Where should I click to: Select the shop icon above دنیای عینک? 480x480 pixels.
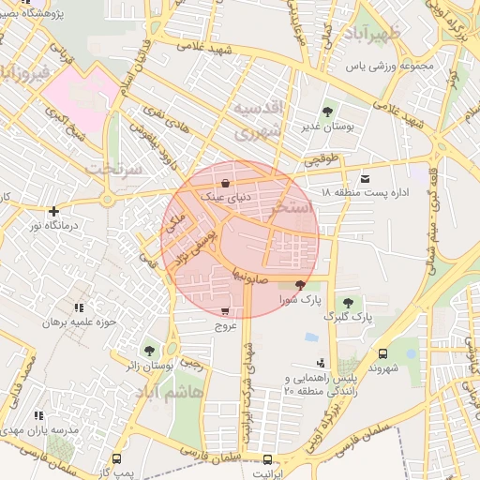point(225,183)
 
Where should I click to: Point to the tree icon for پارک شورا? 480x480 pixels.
point(300,285)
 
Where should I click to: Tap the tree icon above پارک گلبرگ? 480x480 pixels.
point(348,302)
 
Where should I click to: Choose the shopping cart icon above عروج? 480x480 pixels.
point(225,311)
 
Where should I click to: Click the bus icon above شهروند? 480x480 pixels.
point(383,353)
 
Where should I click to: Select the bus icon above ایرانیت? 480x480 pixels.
point(268,459)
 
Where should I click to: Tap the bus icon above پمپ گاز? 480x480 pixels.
point(116,459)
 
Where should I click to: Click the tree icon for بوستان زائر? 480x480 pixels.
point(150,349)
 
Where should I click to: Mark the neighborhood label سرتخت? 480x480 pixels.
point(114,168)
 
